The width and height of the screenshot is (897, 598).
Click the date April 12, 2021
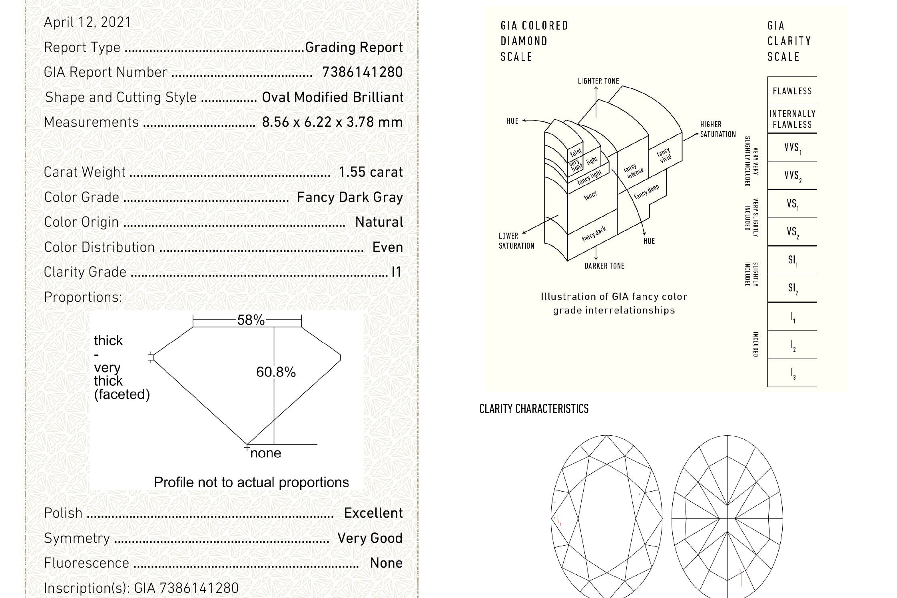tap(88, 22)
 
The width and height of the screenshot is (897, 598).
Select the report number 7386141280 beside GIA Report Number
tap(363, 72)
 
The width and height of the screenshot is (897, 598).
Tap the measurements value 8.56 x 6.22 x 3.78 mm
tap(332, 122)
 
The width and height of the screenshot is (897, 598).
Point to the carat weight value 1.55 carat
tap(371, 172)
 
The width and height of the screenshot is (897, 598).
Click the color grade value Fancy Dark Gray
tap(350, 197)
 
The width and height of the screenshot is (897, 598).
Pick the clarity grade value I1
tap(396, 272)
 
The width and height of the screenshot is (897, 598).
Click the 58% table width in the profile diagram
tap(251, 320)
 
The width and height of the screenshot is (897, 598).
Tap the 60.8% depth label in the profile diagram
tap(276, 372)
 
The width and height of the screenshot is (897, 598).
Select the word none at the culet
tap(266, 453)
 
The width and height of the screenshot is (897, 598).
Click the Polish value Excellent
tap(373, 513)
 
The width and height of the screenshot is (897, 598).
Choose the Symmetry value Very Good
tap(370, 538)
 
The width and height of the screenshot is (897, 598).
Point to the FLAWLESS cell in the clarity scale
tap(792, 91)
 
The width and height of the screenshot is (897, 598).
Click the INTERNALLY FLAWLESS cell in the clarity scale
tap(792, 119)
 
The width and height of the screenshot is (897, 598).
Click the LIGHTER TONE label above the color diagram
tap(598, 81)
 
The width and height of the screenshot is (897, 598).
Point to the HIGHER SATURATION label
tap(718, 129)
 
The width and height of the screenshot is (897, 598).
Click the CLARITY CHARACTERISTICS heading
tap(534, 409)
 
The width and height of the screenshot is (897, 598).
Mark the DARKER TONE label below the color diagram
tap(604, 266)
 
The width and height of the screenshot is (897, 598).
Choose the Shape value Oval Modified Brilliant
tap(333, 98)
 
